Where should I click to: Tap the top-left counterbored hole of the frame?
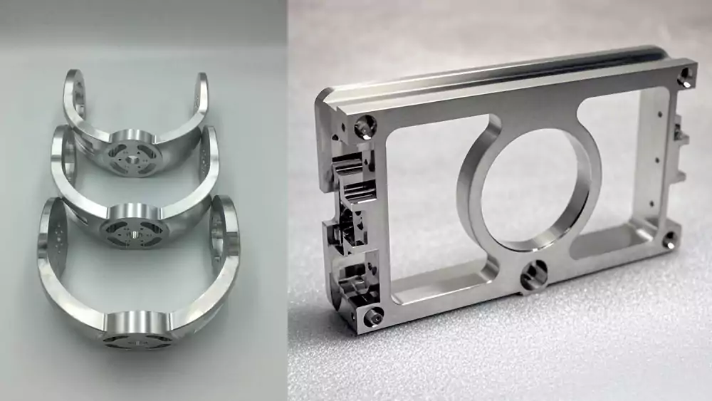tap(365, 127)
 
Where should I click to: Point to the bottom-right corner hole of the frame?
tap(669, 240)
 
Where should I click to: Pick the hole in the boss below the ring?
tap(532, 274)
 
